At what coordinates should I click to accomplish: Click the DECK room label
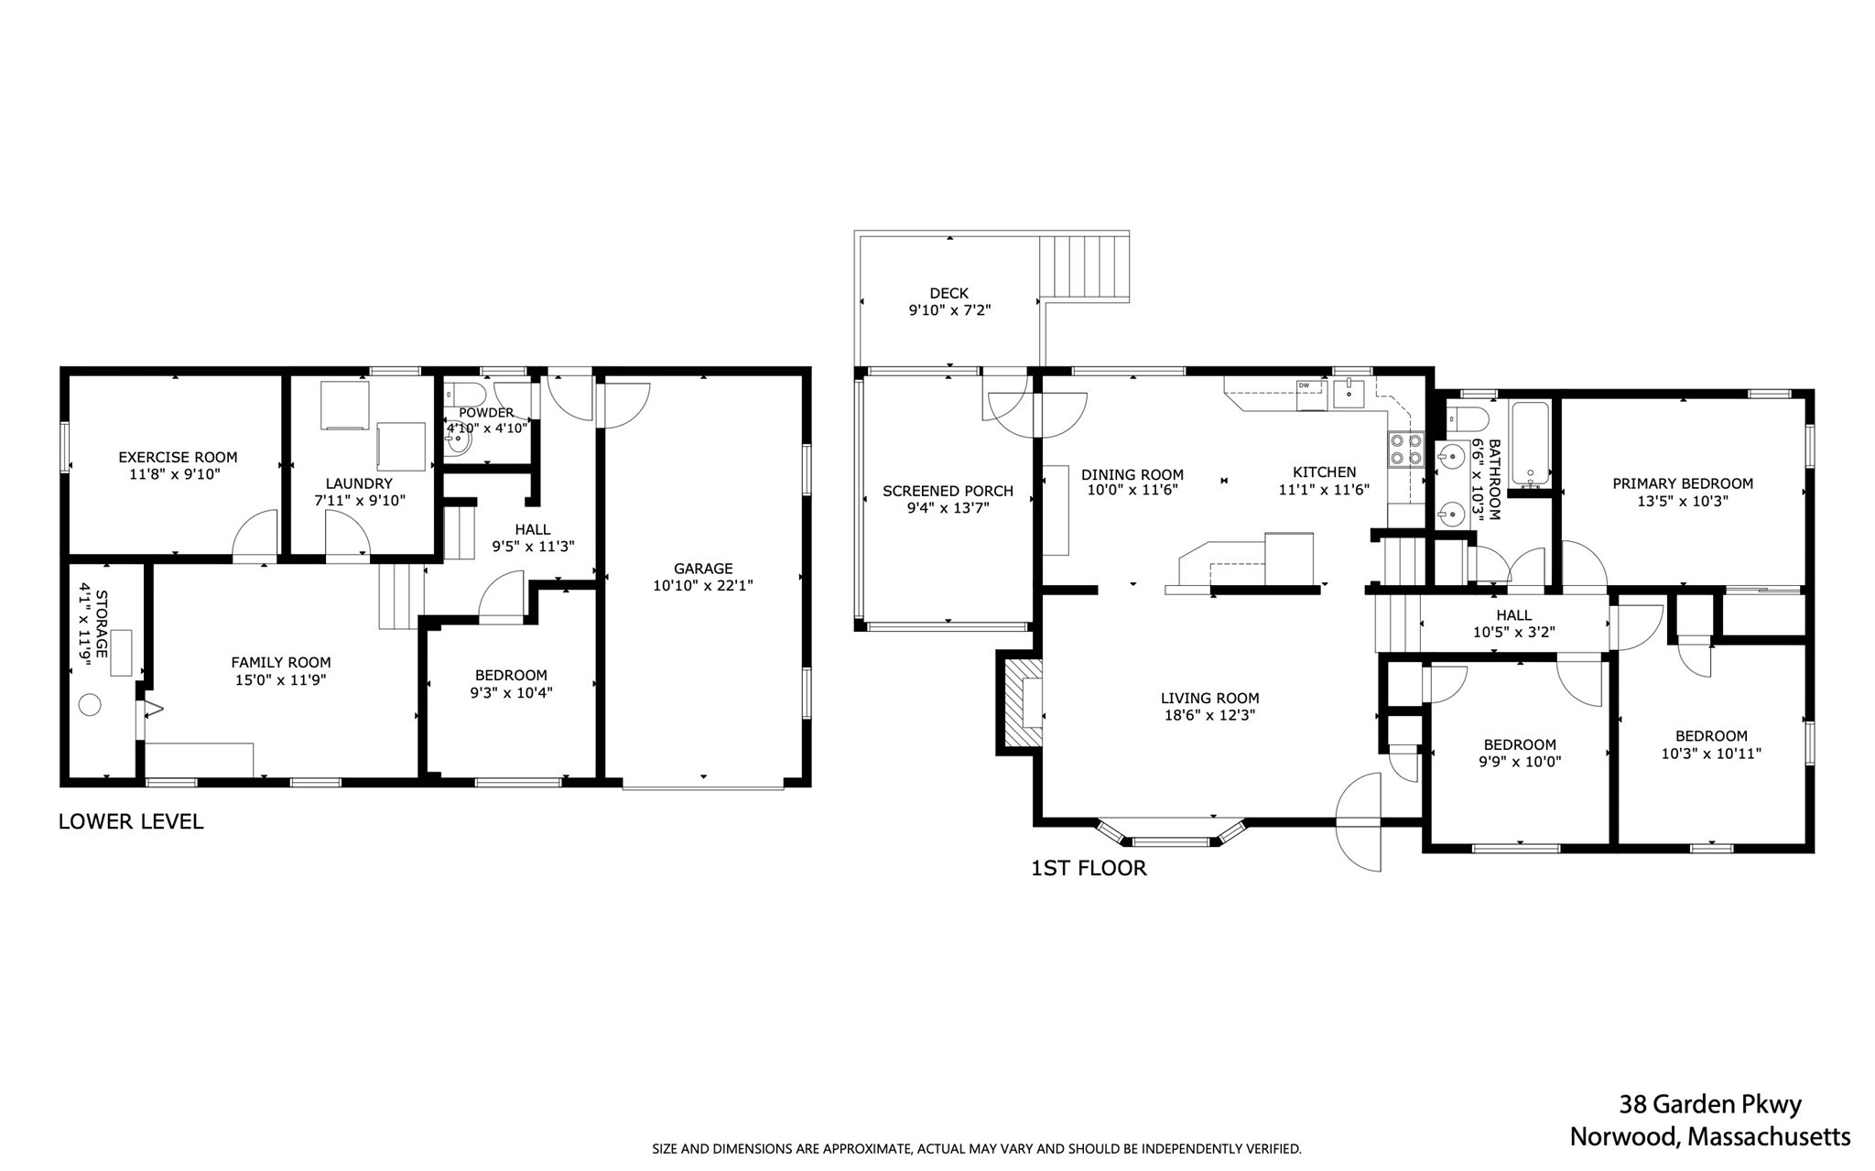coord(948,293)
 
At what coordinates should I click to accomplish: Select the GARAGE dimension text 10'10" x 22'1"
coord(702,586)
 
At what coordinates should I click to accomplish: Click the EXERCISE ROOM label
coord(178,457)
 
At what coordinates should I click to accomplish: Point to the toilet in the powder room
coord(455,395)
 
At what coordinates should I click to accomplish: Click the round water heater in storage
coord(90,705)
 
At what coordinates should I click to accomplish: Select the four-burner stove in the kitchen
coord(1406,450)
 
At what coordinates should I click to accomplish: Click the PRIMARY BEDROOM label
coord(1682,483)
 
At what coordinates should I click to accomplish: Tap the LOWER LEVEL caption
coord(131,821)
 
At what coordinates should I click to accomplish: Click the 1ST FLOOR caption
coord(1089,868)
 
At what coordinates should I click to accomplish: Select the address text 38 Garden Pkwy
coord(1710,1104)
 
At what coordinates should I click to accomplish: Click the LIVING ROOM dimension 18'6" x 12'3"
coord(1209,715)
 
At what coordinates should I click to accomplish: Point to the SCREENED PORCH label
coord(948,491)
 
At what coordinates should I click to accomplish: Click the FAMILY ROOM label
coord(280,662)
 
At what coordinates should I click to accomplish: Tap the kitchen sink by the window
coord(1349,394)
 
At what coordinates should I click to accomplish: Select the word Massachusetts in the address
coord(1769,1137)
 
